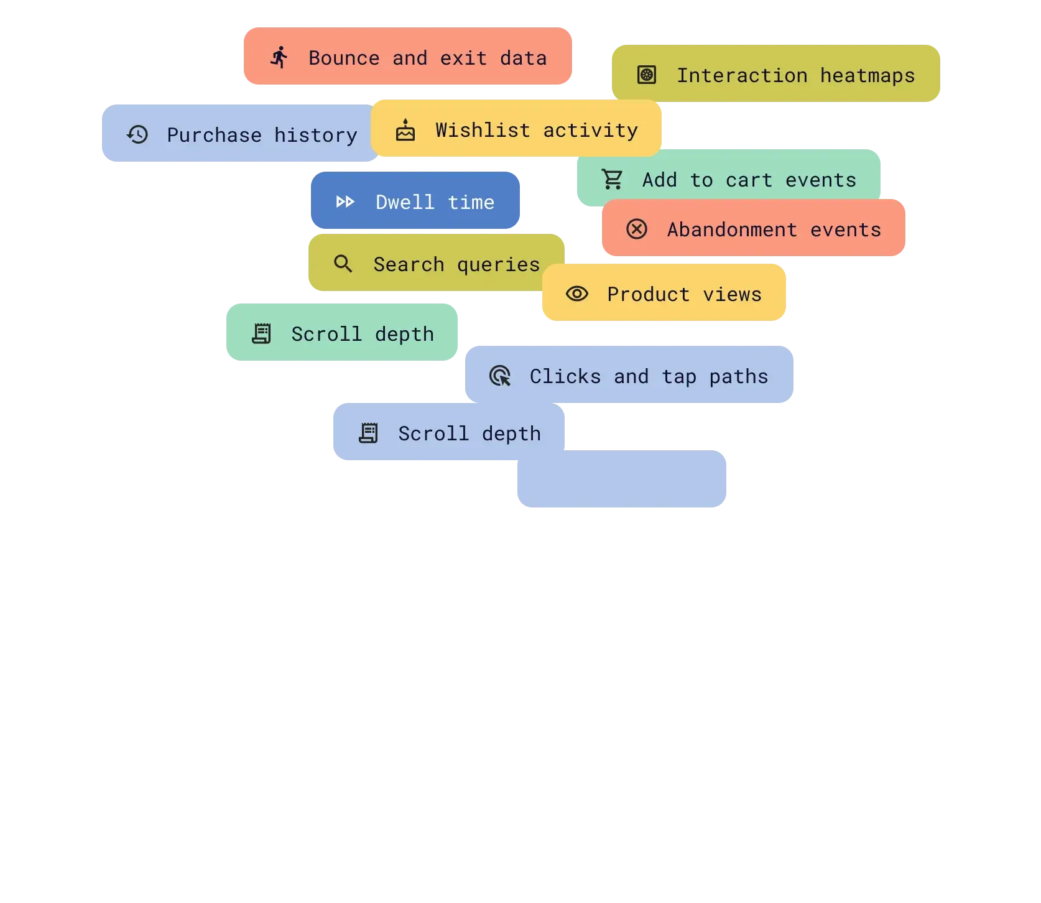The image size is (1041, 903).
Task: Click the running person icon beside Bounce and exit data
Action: click(279, 57)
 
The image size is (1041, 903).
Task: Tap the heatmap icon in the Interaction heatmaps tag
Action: click(647, 75)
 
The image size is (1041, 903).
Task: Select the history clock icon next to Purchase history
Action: click(137, 134)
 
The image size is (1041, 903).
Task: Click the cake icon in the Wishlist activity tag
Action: click(405, 130)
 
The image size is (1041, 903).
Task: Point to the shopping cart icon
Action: click(613, 180)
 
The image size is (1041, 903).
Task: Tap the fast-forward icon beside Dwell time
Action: click(345, 201)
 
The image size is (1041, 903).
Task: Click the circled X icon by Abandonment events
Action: click(637, 229)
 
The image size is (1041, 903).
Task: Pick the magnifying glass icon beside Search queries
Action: click(343, 264)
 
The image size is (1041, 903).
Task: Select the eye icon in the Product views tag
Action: click(577, 294)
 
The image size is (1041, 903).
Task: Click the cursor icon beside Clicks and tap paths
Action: click(500, 376)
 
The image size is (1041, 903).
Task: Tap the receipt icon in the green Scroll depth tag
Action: click(261, 333)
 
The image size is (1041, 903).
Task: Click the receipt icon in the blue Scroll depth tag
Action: click(368, 433)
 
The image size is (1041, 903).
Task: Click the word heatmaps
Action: click(867, 76)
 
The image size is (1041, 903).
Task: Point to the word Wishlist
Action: click(483, 130)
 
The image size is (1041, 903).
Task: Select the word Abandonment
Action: click(732, 230)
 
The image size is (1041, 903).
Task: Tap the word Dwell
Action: click(405, 202)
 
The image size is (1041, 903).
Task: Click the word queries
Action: click(498, 265)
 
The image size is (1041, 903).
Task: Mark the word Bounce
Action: click(344, 58)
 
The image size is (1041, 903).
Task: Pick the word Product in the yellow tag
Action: click(648, 294)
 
